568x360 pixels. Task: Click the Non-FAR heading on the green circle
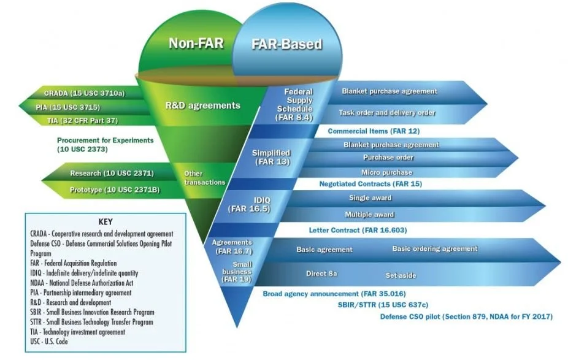pyautogui.click(x=195, y=44)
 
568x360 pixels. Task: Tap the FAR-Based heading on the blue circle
pyautogui.click(x=286, y=45)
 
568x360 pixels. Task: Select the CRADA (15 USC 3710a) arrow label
pyautogui.click(x=84, y=93)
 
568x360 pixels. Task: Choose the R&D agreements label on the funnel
pyautogui.click(x=203, y=105)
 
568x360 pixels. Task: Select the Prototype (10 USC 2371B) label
pyautogui.click(x=114, y=190)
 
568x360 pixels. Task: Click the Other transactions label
pyautogui.click(x=205, y=178)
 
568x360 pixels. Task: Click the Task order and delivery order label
pyautogui.click(x=387, y=113)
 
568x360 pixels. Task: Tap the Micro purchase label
pyautogui.click(x=386, y=172)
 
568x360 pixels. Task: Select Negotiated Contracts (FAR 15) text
pyautogui.click(x=370, y=183)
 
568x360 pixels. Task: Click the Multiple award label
pyautogui.click(x=369, y=215)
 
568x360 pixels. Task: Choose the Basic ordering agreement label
pyautogui.click(x=434, y=248)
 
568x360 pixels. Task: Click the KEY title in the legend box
pyautogui.click(x=106, y=221)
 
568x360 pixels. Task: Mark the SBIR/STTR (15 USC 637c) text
pyautogui.click(x=374, y=304)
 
